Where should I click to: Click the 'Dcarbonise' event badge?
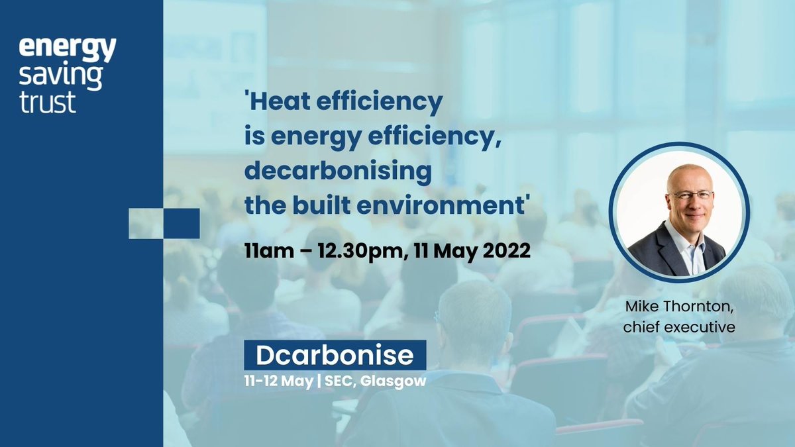tap(335, 356)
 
